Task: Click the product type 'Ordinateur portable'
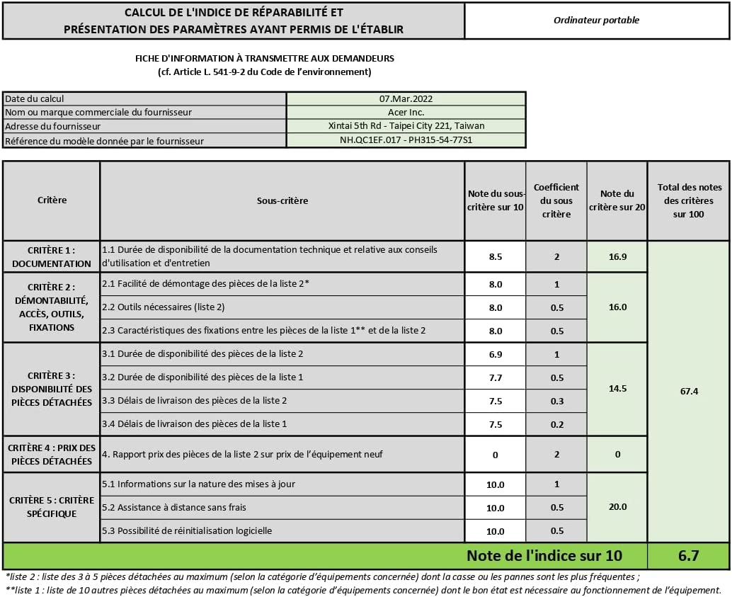click(x=596, y=21)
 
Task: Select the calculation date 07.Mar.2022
click(x=406, y=98)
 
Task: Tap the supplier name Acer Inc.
click(x=406, y=112)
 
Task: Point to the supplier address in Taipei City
click(x=406, y=126)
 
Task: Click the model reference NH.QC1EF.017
click(x=406, y=140)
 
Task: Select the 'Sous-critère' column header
click(x=282, y=200)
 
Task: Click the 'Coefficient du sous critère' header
click(x=556, y=200)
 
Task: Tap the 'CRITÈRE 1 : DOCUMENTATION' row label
click(x=52, y=256)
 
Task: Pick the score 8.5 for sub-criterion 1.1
click(x=495, y=257)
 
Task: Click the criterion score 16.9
click(x=617, y=256)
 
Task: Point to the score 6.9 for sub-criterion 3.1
click(x=495, y=354)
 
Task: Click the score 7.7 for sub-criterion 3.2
click(x=495, y=377)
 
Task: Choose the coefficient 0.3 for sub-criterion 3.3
click(x=556, y=401)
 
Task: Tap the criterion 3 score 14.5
click(x=617, y=389)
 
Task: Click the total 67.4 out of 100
click(x=689, y=391)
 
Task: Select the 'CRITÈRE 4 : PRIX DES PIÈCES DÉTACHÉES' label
click(x=52, y=454)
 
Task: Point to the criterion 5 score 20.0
click(x=617, y=507)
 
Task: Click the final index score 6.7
click(x=689, y=556)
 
